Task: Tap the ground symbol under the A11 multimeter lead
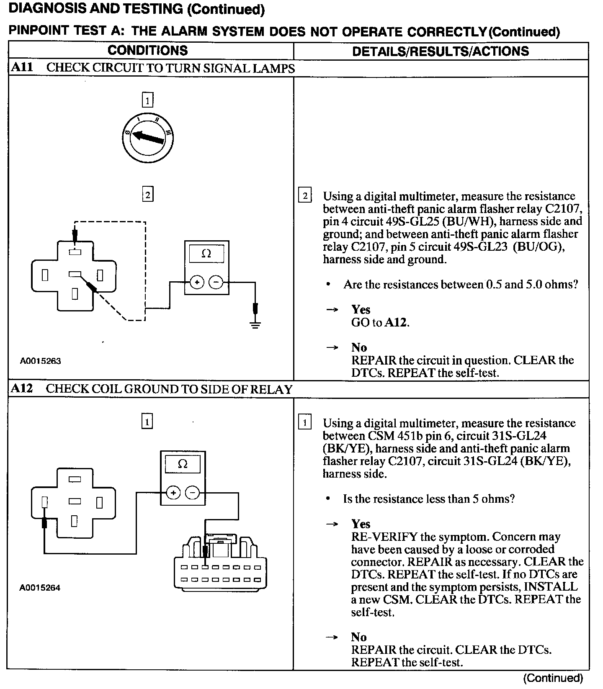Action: coord(255,324)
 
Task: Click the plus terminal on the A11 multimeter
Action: coord(197,283)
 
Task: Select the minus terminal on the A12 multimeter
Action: coord(192,493)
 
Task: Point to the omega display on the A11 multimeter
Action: coord(206,254)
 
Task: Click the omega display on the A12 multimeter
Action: coord(183,464)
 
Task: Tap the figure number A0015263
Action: coord(41,361)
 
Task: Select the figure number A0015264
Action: coord(40,588)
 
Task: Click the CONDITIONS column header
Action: coord(148,51)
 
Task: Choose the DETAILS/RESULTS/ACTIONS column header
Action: coord(441,51)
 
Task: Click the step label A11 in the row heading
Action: coord(22,67)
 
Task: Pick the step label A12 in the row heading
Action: coord(22,388)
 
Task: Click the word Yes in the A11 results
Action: coord(361,309)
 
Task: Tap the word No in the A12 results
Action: coord(359,637)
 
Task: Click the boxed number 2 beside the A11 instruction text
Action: coord(304,196)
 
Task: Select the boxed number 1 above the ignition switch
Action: coord(147,100)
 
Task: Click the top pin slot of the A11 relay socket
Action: coord(75,252)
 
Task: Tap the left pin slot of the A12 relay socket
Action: coord(44,502)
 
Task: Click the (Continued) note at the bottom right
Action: coord(553,678)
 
